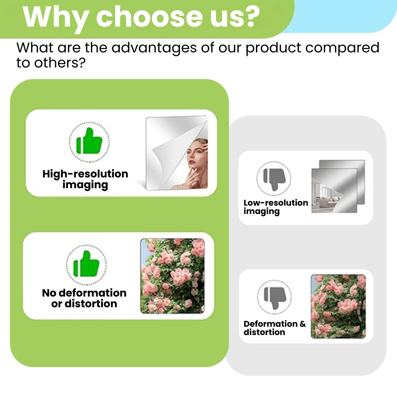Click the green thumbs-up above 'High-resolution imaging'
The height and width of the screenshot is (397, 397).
89,141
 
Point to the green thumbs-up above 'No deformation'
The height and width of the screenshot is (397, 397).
86,264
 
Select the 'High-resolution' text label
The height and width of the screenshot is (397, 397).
85,174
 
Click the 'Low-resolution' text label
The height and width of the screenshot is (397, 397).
276,203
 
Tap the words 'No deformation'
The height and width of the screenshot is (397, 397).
84,293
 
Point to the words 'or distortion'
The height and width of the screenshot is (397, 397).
84,304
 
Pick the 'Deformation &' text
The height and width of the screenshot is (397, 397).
275,324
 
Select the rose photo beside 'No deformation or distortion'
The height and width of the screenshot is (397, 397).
173,276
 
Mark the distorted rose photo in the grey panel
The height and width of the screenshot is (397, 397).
338,306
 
